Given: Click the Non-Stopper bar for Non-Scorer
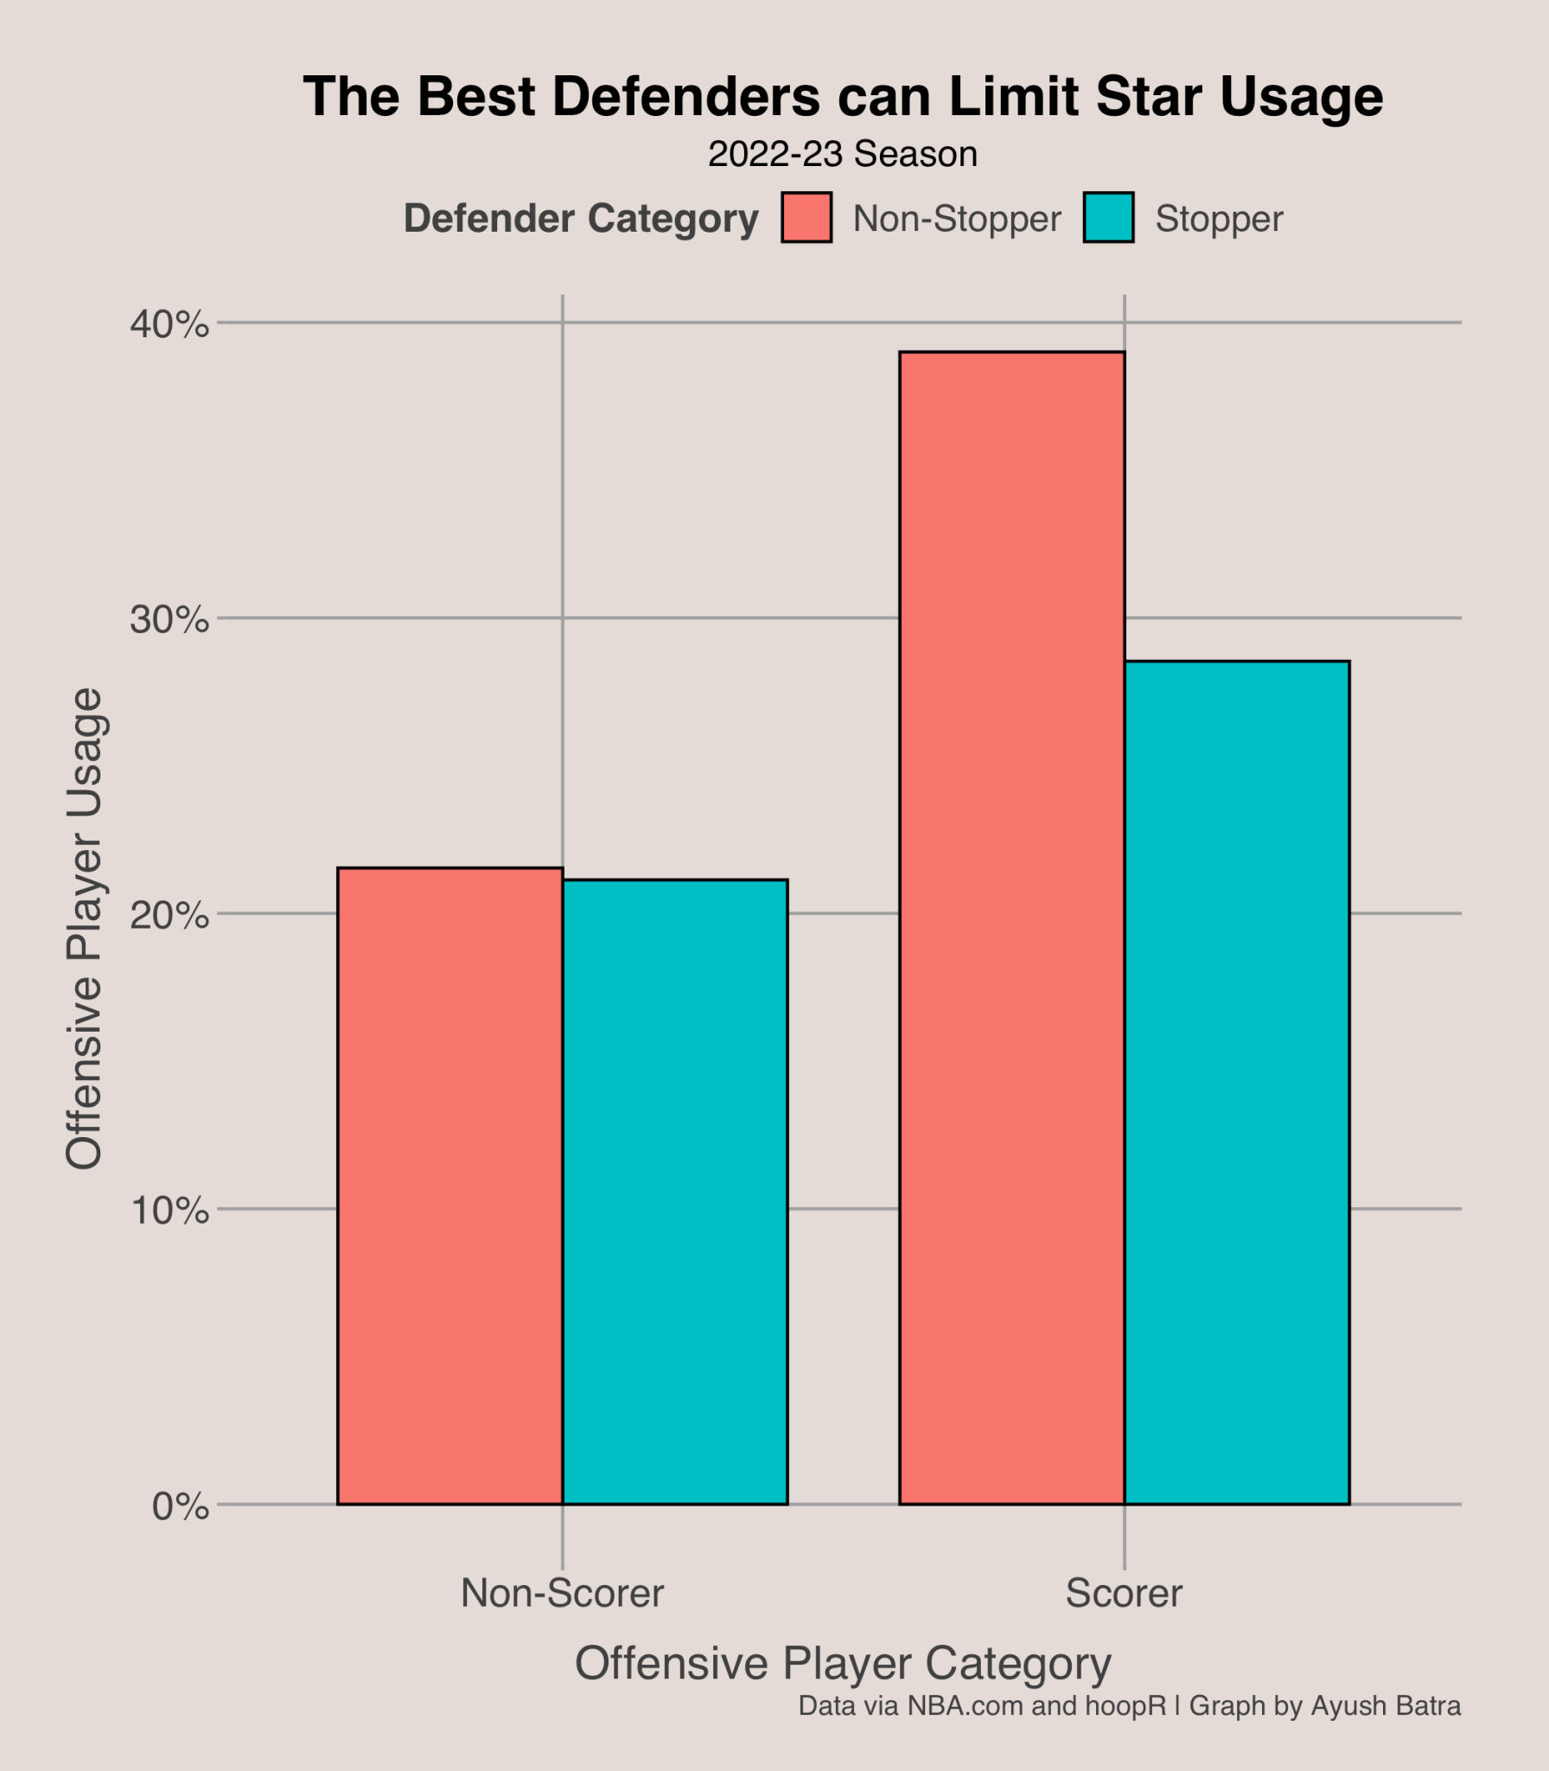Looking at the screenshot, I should coord(449,1186).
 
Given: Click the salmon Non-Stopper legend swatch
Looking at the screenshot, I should coord(806,217).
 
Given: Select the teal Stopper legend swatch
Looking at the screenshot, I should coord(1108,217).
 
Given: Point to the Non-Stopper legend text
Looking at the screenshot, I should coord(956,219).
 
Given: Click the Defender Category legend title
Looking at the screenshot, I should coord(581,219).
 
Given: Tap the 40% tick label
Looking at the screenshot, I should coord(169,324).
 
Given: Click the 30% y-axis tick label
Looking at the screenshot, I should coord(169,619).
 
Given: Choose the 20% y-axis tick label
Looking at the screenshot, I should coord(169,915).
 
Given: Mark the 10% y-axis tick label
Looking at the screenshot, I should coord(169,1211).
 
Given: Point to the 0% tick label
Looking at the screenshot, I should coord(180,1506).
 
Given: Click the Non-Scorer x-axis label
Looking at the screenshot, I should coord(562,1593).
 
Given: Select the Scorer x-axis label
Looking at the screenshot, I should coord(1124,1593).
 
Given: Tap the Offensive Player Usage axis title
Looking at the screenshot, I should coord(85,929).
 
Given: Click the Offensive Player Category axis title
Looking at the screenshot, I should coord(843,1663).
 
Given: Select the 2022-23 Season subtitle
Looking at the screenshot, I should coord(843,155).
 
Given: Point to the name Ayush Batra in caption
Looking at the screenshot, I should coord(1386,1705).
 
